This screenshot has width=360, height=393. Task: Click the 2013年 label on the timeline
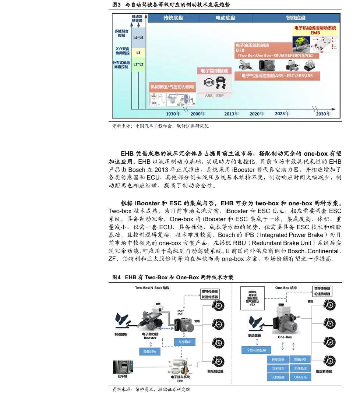pos(232,113)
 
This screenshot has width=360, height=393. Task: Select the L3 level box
pos(138,53)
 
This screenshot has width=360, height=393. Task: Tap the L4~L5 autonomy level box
pos(138,38)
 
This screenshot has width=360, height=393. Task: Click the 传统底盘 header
pos(173,18)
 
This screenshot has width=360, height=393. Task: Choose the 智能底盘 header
pos(296,18)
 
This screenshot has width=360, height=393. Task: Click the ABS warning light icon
pos(209,82)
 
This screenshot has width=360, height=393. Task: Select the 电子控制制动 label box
pos(214,71)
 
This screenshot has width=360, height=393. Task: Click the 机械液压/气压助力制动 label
pos(172,87)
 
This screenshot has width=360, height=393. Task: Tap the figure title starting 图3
pos(169,5)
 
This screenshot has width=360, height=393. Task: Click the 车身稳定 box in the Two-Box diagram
pos(184,342)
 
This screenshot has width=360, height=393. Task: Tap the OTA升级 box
pos(300,377)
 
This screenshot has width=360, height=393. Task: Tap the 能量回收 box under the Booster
pos(149,351)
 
